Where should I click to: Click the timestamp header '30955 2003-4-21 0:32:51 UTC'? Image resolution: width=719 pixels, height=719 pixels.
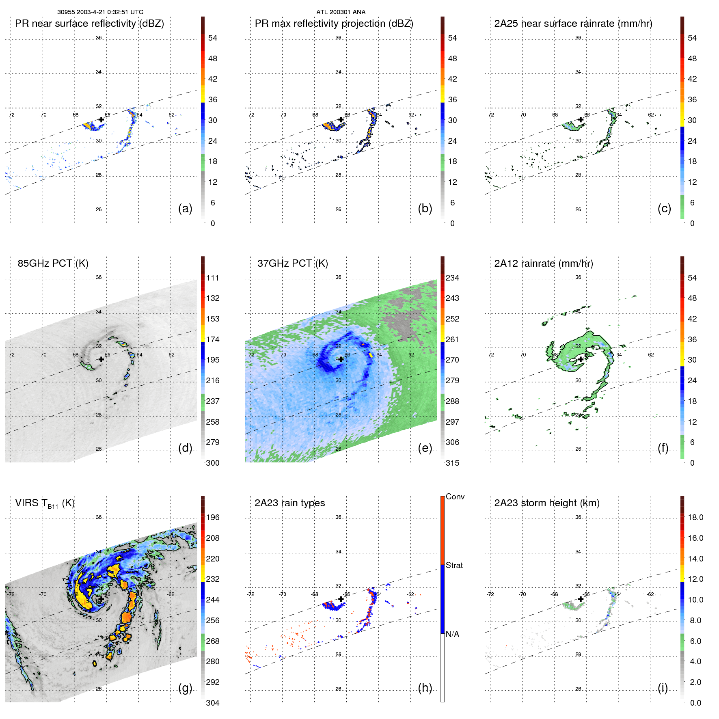coord(100,12)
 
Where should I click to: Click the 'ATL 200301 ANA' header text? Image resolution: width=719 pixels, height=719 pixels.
coord(341,12)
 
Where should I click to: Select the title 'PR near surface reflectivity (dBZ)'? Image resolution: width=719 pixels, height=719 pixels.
coord(89,24)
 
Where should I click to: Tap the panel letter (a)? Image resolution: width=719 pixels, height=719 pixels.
coord(185,208)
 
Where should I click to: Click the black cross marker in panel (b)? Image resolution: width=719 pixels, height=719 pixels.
coord(341,119)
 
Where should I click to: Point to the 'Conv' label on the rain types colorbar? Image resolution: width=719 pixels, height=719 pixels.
coord(455,497)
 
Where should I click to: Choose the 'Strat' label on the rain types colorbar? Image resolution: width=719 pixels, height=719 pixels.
coord(454,565)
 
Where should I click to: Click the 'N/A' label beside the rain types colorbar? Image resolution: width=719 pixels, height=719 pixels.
coord(452,634)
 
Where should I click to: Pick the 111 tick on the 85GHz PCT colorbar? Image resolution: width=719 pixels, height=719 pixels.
coord(213,278)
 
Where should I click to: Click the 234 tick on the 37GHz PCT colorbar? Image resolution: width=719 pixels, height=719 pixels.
coord(452,278)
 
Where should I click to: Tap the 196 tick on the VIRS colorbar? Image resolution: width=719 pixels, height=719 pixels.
coord(213,517)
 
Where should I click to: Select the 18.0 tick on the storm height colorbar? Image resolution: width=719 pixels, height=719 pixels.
coord(695,517)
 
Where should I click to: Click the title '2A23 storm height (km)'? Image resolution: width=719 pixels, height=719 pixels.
coord(546,503)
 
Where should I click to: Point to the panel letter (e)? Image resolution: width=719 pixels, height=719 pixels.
coord(425,448)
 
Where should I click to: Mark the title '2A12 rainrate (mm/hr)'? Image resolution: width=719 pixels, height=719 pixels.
coord(543,263)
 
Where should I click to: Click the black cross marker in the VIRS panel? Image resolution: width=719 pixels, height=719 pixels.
coord(101,599)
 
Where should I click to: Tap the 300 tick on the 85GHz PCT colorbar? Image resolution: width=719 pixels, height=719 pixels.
coord(213,463)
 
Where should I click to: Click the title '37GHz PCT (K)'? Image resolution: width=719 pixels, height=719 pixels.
coord(292,263)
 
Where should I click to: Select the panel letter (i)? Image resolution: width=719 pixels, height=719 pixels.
coord(663,688)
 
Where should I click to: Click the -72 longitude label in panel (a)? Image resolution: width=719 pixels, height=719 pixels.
coord(11,115)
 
